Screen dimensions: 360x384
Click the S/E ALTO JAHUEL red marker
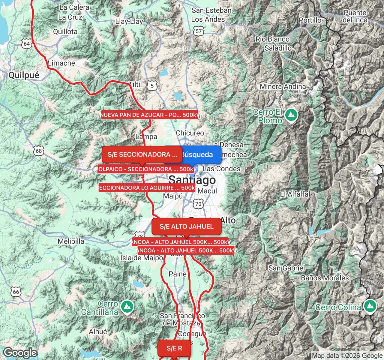pyautogui.click(x=186, y=226)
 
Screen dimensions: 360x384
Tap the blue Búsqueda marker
pyautogui.click(x=197, y=154)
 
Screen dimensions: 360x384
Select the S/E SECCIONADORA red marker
pyautogui.click(x=142, y=154)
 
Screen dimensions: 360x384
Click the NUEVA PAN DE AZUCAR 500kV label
pyautogui.click(x=150, y=115)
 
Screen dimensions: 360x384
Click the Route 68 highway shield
pyautogui.click(x=39, y=151)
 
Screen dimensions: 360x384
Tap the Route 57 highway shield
pyautogui.click(x=199, y=31)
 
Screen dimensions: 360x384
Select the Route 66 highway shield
pyautogui.click(x=16, y=292)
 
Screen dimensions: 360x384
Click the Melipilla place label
pyautogui.click(x=71, y=241)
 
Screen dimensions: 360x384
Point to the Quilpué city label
pyautogui.click(x=24, y=75)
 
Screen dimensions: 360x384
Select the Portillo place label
pyautogui.click(x=310, y=20)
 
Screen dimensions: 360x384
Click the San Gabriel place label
pyautogui.click(x=286, y=268)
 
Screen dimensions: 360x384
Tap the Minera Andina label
pyautogui.click(x=283, y=87)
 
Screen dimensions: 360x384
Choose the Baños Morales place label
pyautogui.click(x=325, y=278)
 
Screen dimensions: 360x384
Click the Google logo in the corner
pyautogui.click(x=20, y=353)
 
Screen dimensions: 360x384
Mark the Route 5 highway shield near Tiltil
pyautogui.click(x=152, y=86)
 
